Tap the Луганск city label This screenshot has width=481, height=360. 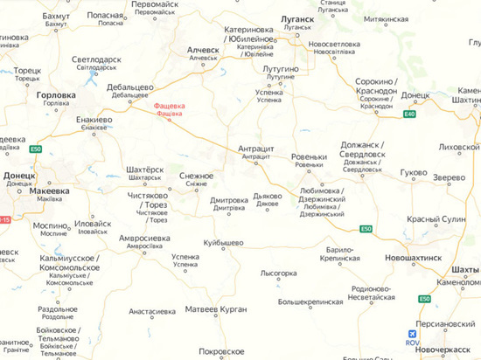pos(296,17)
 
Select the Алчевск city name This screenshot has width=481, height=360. pos(203,51)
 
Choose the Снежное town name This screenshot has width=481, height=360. pos(197,176)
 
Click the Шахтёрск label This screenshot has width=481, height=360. pos(145,169)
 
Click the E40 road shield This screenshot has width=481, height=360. pos(410,114)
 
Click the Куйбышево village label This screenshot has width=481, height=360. pos(223,242)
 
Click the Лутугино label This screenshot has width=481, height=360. pos(281,67)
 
